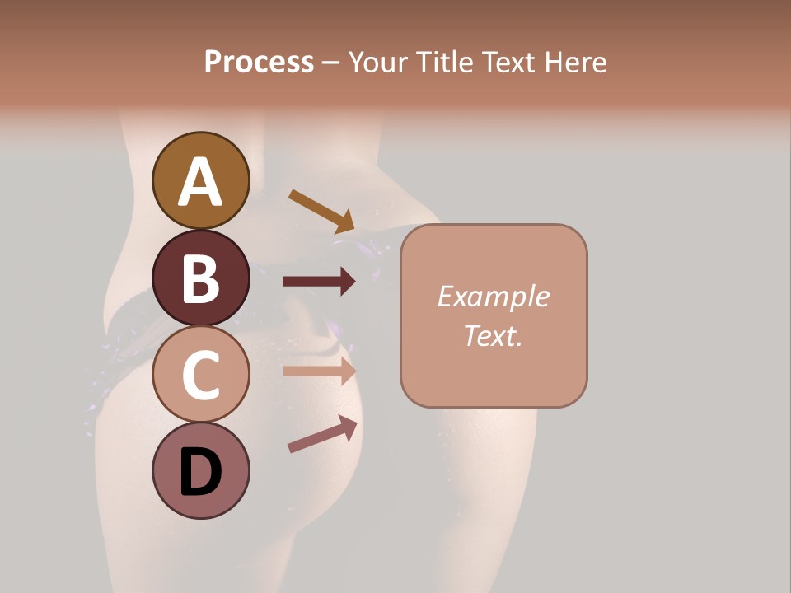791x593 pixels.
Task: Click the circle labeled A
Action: [x=200, y=181]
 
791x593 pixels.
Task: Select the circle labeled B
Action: [x=200, y=278]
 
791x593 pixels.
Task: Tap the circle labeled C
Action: [x=200, y=375]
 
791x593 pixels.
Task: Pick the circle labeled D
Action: [x=200, y=471]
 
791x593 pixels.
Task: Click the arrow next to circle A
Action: [x=321, y=211]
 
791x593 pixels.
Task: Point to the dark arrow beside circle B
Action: [x=319, y=282]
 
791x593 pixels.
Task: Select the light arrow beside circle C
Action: [x=319, y=371]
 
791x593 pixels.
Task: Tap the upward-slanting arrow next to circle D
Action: [x=322, y=434]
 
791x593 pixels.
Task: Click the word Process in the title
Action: [x=259, y=63]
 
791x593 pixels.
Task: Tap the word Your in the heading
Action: [x=377, y=63]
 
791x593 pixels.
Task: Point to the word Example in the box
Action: [x=493, y=296]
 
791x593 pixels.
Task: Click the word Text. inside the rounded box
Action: [x=493, y=335]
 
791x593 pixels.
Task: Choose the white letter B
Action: [x=200, y=279]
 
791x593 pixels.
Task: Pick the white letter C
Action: [x=200, y=376]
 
